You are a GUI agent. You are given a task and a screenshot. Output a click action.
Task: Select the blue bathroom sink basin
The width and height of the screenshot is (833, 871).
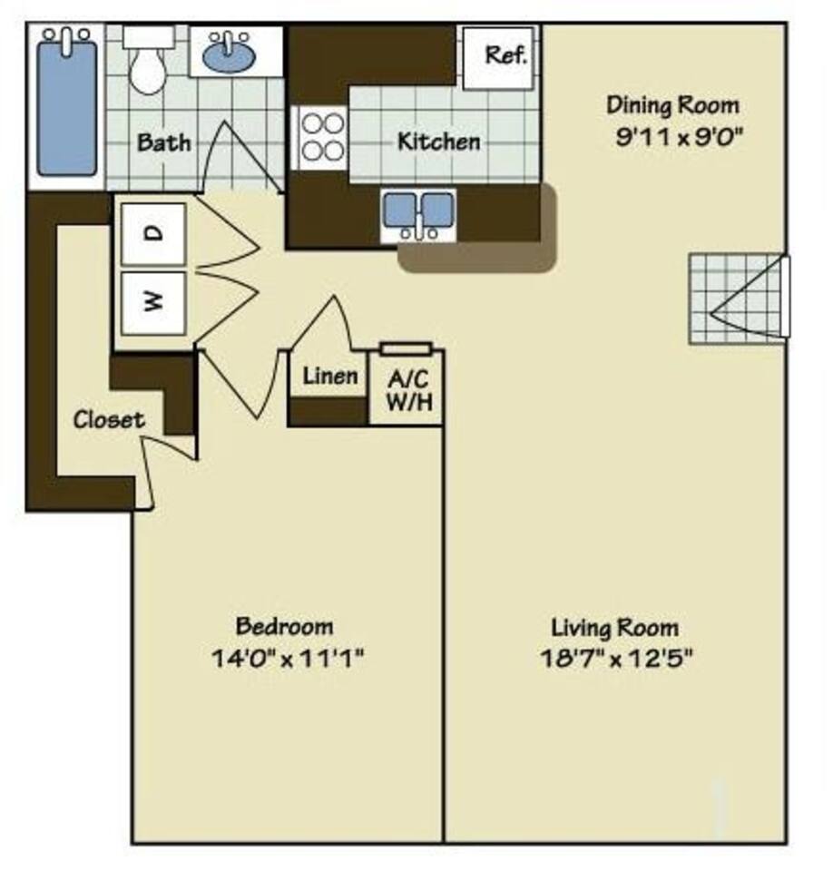click(229, 56)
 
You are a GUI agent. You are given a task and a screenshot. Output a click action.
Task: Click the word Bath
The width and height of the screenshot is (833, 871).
click(164, 142)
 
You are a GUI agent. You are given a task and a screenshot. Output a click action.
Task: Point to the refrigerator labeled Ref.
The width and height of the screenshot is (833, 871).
click(502, 56)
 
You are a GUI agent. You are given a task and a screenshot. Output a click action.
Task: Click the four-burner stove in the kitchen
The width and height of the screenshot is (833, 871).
click(322, 137)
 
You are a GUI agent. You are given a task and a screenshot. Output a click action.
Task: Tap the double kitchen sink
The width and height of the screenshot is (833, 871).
click(417, 214)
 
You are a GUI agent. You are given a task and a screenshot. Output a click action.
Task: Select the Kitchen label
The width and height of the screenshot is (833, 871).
click(438, 142)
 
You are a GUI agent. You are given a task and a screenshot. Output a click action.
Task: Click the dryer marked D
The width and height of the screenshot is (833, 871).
click(154, 234)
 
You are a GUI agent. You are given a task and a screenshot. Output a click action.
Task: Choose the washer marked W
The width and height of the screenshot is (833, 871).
click(154, 301)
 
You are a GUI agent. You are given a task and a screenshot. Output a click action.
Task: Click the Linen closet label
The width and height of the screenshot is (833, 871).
click(329, 376)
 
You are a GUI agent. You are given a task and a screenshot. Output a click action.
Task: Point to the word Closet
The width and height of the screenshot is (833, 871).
click(108, 420)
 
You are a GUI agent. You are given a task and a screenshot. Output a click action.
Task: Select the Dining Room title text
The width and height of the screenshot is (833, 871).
click(672, 105)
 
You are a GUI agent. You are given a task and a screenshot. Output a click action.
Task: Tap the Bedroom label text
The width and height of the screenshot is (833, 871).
click(284, 626)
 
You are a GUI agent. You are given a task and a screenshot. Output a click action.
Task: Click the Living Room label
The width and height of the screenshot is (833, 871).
click(614, 627)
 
